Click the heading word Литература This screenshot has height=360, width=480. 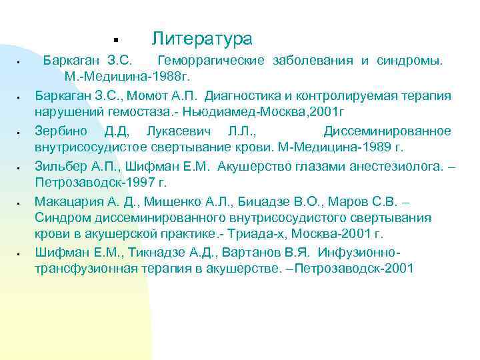201,38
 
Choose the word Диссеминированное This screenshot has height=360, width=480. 387,130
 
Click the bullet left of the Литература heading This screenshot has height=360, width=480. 115,38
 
